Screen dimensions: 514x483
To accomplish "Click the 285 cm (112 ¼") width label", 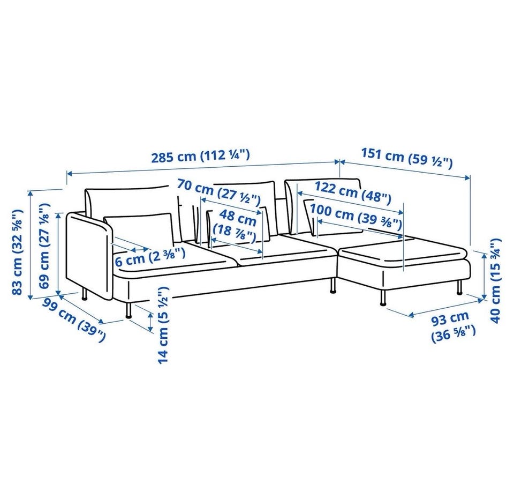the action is [x=200, y=155].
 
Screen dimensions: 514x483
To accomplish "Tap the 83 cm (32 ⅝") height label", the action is [x=17, y=251].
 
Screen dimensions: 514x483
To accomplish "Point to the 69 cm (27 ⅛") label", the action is [x=44, y=246].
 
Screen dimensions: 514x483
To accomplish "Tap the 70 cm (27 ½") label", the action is [x=218, y=191].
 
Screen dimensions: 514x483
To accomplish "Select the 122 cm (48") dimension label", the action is [x=353, y=192].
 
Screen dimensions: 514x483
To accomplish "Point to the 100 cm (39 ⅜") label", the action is [x=356, y=216].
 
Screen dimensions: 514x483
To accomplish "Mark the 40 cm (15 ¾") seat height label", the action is [x=495, y=280].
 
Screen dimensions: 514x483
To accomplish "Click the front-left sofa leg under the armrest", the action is [x=128, y=310].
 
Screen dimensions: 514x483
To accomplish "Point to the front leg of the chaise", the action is [x=383, y=298].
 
